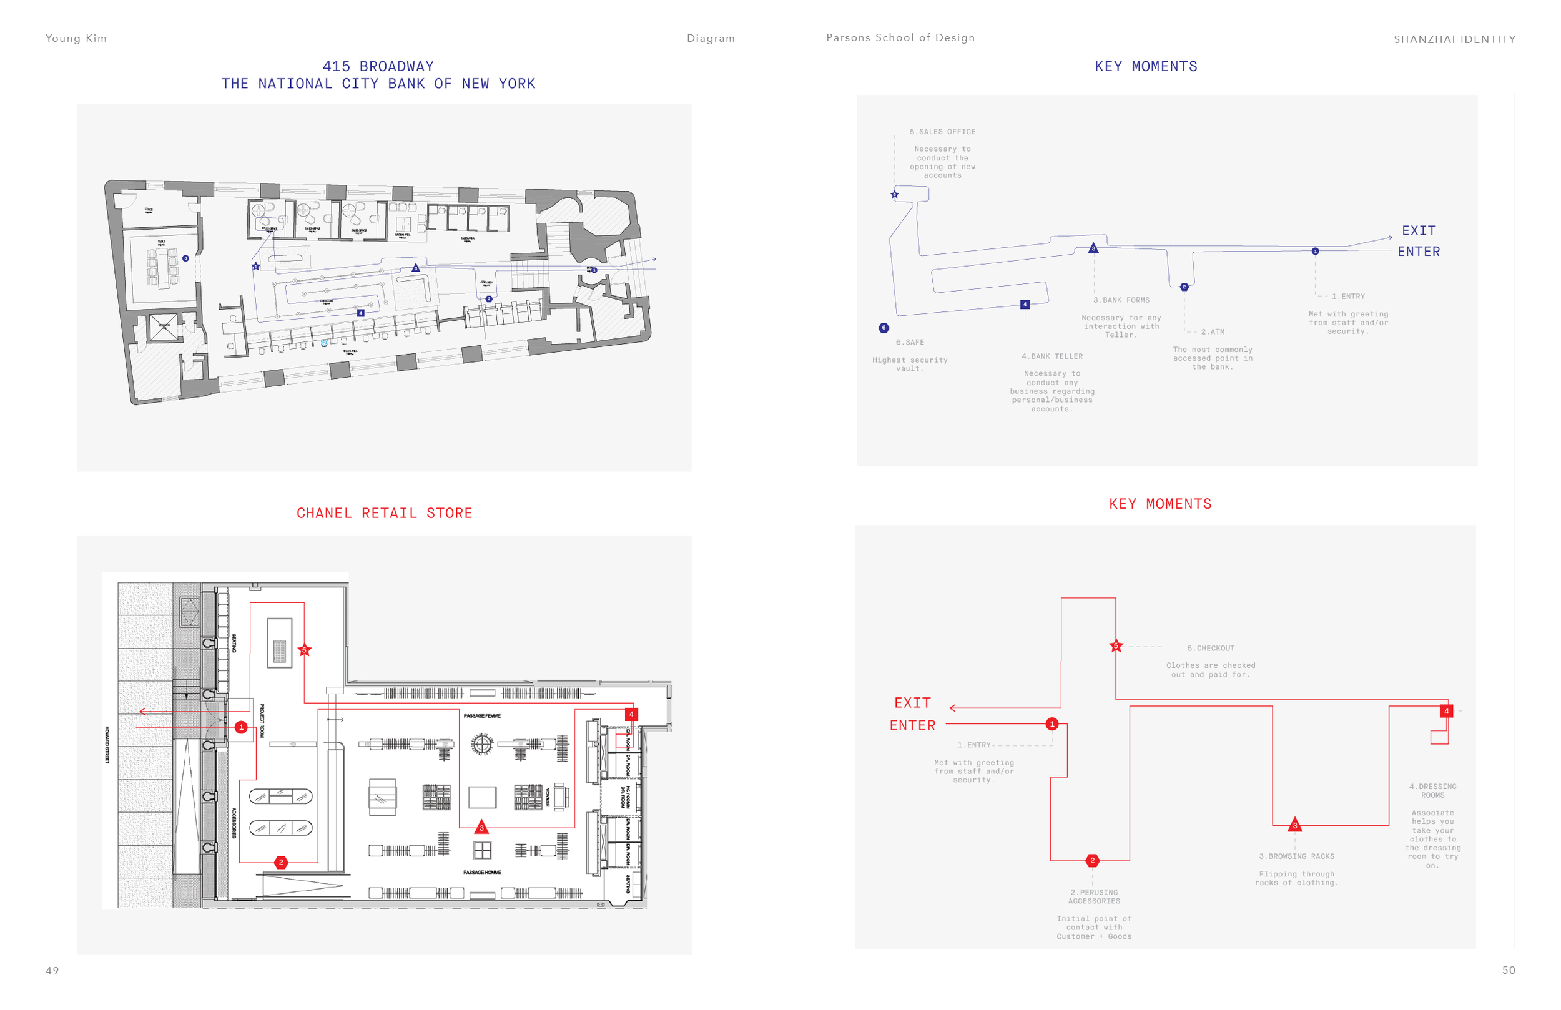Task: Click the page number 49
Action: (52, 971)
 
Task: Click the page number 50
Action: (1509, 970)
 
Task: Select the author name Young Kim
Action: (76, 38)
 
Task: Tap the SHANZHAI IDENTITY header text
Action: (1454, 39)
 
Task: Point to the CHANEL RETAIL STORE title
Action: (385, 513)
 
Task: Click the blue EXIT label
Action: (1419, 231)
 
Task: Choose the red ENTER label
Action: (912, 725)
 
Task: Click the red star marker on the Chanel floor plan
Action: (304, 650)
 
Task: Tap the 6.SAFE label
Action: (910, 342)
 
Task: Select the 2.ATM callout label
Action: (1213, 332)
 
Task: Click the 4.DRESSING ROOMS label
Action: (1432, 791)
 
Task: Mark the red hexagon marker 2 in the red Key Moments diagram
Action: (1092, 860)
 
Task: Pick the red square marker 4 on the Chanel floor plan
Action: (632, 714)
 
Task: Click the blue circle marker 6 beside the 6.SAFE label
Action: (884, 328)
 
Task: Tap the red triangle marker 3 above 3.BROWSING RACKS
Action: (1295, 825)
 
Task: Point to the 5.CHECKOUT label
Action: (1211, 648)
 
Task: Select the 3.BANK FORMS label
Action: (1121, 300)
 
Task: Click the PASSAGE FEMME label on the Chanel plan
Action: (482, 716)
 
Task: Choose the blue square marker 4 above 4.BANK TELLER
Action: (1025, 305)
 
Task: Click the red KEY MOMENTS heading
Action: (1160, 504)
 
